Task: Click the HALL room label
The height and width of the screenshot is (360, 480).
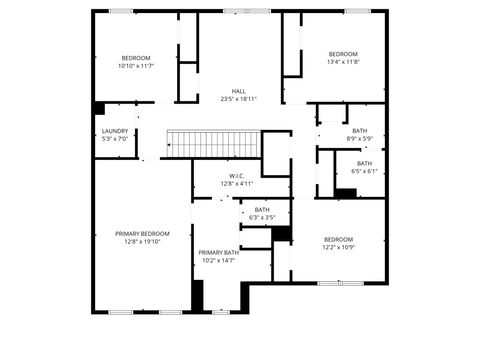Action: click(239, 91)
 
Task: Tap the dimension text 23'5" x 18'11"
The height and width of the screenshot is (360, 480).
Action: click(239, 99)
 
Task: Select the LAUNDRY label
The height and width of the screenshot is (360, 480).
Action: click(115, 131)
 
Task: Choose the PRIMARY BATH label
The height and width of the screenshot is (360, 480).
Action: click(218, 252)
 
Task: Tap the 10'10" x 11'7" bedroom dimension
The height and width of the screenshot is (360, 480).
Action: click(136, 66)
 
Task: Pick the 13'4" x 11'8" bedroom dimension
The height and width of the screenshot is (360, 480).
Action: click(343, 62)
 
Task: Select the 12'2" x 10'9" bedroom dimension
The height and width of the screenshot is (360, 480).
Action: click(338, 247)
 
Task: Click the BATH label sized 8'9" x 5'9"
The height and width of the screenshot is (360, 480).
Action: click(360, 130)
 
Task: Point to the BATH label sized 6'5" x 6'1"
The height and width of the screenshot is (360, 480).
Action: click(364, 163)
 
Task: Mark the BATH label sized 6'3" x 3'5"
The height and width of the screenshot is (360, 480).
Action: click(262, 210)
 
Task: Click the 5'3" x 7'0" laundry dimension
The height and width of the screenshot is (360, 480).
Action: click(115, 139)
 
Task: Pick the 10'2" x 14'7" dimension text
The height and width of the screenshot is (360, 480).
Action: click(218, 260)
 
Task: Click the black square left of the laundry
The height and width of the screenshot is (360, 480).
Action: click(99, 108)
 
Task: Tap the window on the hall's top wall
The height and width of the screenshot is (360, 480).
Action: click(239, 11)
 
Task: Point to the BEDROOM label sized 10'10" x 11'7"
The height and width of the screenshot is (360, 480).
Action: click(136, 58)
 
